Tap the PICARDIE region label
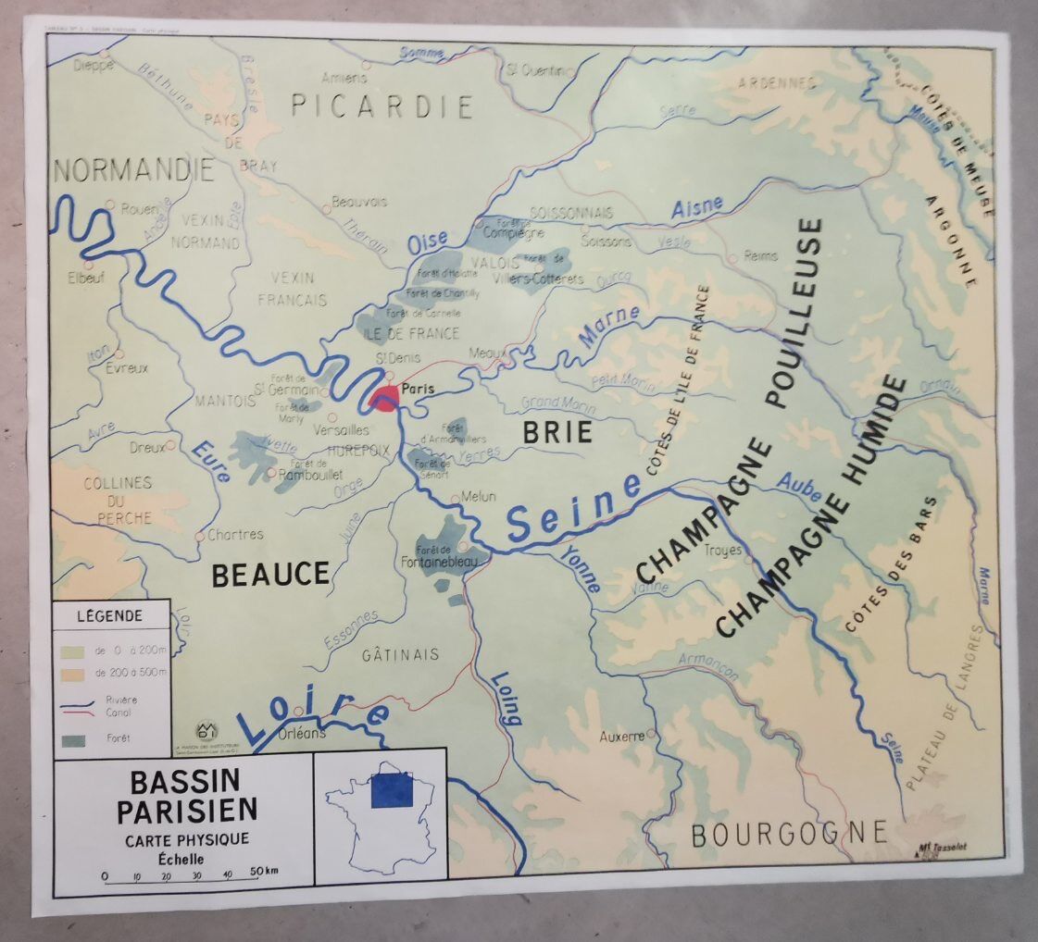click(381, 106)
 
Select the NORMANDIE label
click(135, 169)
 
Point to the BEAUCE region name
click(270, 575)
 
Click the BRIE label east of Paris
click(557, 432)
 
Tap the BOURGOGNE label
click(789, 832)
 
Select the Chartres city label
click(235, 534)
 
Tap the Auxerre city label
click(621, 737)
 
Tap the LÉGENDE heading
click(109, 615)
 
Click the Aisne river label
click(696, 208)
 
